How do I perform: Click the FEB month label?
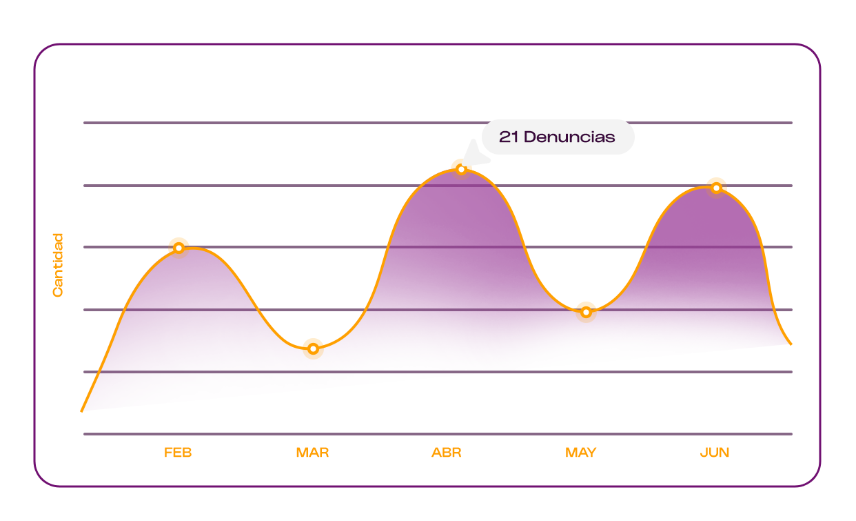click(x=178, y=453)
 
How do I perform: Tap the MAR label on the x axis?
click(x=312, y=453)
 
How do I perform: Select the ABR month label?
click(x=447, y=453)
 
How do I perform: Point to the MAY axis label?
click(x=580, y=453)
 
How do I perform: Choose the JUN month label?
click(x=715, y=453)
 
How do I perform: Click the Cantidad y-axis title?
click(x=58, y=265)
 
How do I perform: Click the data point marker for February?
click(x=179, y=248)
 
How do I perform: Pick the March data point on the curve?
click(x=313, y=348)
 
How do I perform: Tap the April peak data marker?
click(x=461, y=169)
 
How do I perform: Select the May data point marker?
click(x=586, y=312)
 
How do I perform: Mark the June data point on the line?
click(x=716, y=188)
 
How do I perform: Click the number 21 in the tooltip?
click(x=509, y=137)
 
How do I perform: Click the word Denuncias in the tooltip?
click(x=569, y=137)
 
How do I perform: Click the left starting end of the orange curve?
click(x=83, y=410)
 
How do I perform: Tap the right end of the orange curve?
click(x=790, y=343)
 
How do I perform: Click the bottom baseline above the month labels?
click(x=438, y=434)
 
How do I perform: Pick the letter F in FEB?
click(x=167, y=453)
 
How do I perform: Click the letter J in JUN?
click(x=703, y=453)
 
